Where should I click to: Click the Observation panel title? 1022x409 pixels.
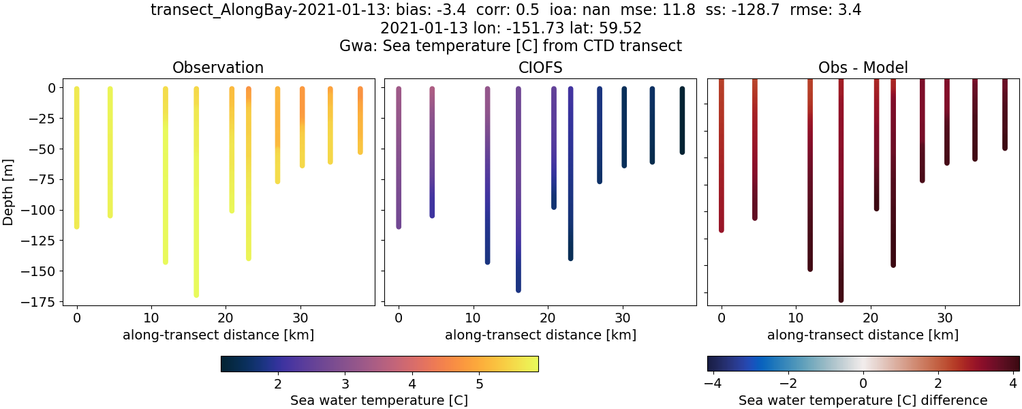(x=218, y=67)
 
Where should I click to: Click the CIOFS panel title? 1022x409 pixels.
(x=540, y=67)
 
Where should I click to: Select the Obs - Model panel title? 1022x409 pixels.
(x=863, y=67)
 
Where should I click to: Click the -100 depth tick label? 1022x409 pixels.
(x=40, y=210)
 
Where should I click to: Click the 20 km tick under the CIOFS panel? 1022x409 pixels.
(x=547, y=318)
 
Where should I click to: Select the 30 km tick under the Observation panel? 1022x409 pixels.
(x=300, y=318)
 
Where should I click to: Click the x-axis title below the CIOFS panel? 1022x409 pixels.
(x=540, y=335)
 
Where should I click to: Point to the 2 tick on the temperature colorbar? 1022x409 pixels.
(x=278, y=383)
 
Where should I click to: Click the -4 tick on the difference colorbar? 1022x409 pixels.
(x=712, y=383)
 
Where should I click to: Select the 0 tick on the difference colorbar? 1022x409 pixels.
(x=863, y=383)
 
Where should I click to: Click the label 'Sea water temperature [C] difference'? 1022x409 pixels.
(x=863, y=400)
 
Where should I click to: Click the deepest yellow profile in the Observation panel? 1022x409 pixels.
(x=196, y=204)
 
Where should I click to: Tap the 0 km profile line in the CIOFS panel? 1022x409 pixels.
(x=399, y=157)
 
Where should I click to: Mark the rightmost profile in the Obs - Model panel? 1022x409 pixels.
(x=1004, y=116)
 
